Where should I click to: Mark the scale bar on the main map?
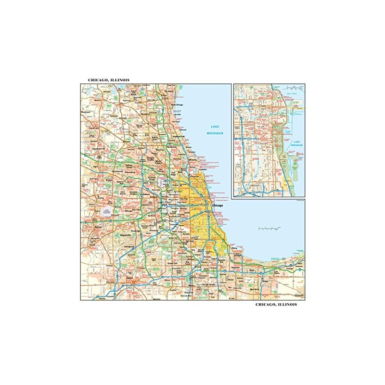click(266, 226)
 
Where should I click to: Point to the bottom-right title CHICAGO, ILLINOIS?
click(276, 305)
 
